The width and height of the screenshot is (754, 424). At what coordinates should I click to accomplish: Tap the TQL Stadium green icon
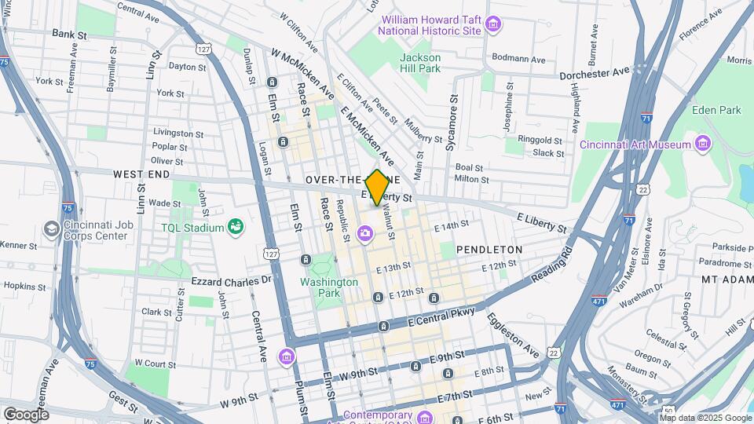tap(234, 228)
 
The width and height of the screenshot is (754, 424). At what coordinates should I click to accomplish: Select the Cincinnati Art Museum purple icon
tap(703, 144)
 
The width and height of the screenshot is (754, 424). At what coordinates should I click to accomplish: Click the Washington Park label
tap(324, 288)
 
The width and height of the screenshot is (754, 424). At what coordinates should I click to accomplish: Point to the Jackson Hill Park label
tap(420, 63)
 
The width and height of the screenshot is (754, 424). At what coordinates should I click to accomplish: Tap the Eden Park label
tap(716, 110)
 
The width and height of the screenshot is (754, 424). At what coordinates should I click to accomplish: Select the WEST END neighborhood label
tap(142, 174)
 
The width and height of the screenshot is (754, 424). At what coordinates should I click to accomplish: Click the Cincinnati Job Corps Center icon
tap(53, 228)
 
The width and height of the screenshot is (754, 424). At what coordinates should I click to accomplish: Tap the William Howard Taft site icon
tap(492, 24)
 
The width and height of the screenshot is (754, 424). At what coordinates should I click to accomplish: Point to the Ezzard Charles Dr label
tap(231, 280)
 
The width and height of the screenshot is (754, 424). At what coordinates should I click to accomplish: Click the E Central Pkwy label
tap(441, 318)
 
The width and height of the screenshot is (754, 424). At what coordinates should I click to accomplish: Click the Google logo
tap(26, 414)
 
